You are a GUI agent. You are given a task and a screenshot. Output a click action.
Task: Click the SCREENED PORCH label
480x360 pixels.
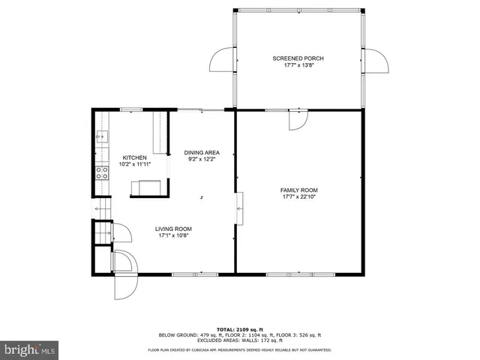click(x=298, y=58)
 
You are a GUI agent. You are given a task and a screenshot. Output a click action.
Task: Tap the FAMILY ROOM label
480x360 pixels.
click(x=299, y=190)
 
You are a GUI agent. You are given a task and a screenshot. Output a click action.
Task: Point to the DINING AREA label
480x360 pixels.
click(x=202, y=152)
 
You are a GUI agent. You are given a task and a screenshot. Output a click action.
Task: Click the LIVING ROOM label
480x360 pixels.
click(x=173, y=229)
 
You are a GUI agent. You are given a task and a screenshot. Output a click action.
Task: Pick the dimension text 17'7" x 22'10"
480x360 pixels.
click(x=299, y=197)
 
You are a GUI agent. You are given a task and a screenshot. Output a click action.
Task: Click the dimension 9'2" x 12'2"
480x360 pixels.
click(x=202, y=159)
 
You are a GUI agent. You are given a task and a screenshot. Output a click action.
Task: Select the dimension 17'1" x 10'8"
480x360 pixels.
click(x=173, y=235)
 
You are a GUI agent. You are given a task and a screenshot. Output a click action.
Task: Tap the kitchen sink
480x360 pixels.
click(x=101, y=136)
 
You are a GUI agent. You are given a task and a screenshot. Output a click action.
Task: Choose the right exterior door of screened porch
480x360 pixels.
click(x=374, y=61)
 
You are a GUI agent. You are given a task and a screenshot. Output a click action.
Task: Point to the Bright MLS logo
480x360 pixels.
click(x=30, y=349)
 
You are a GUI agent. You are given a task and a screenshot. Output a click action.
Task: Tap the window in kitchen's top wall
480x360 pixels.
click(x=132, y=110)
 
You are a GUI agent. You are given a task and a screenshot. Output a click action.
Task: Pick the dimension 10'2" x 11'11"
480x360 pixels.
click(x=135, y=164)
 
